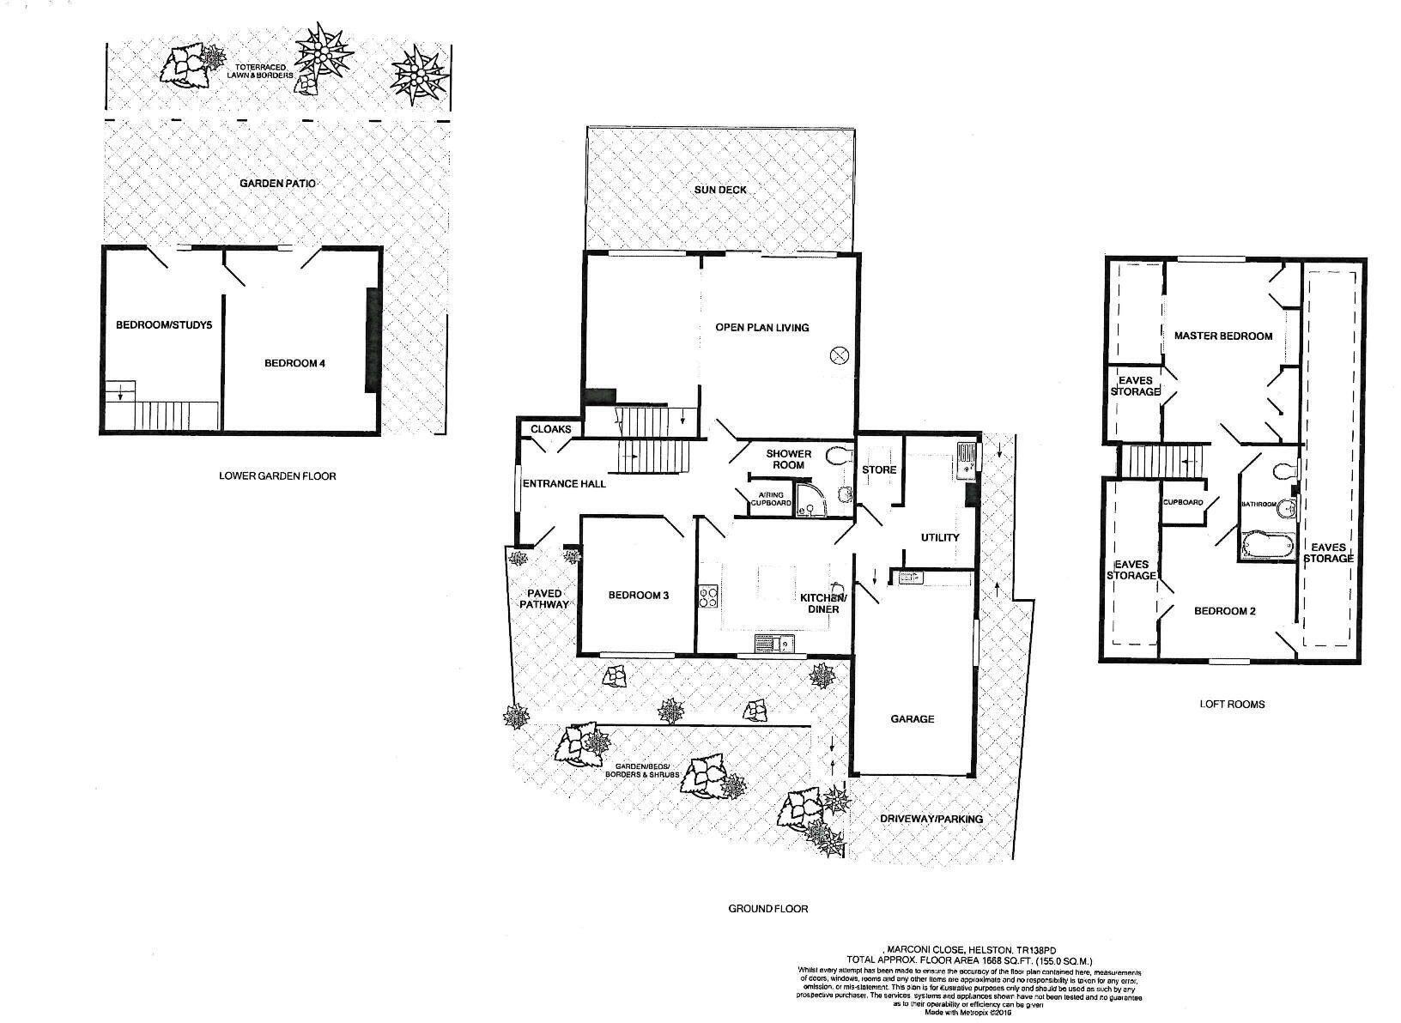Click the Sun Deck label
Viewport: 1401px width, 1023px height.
tap(719, 189)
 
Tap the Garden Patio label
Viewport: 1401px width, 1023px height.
tap(271, 184)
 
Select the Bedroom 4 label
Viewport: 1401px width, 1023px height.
tap(294, 363)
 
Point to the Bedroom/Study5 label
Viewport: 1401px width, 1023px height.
tap(163, 325)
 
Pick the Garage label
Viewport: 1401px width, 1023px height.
tap(912, 719)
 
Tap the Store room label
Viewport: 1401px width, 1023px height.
tap(879, 469)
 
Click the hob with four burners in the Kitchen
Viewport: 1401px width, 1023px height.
tap(709, 596)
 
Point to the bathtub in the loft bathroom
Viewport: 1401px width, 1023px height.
tap(1266, 545)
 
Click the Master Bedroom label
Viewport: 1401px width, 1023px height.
tap(1222, 336)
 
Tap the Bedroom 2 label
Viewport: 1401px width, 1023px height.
tap(1225, 611)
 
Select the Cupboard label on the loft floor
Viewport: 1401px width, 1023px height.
tap(1182, 503)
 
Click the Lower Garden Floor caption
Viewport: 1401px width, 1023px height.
tap(277, 475)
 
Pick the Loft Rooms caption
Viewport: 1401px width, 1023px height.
tap(1232, 704)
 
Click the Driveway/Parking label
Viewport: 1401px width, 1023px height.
tap(931, 819)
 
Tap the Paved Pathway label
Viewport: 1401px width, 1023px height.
tap(544, 598)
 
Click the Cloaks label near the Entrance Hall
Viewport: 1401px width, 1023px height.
tap(550, 429)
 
